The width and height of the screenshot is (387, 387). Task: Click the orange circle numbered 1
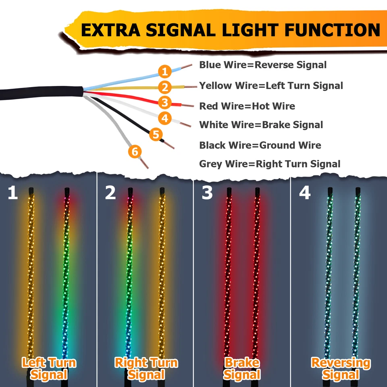click(164, 72)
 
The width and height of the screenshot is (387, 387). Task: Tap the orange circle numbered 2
click(164, 87)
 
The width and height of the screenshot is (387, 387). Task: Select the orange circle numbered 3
click(164, 102)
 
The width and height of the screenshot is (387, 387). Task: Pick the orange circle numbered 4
click(164, 119)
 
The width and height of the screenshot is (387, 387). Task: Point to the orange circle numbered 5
click(156, 134)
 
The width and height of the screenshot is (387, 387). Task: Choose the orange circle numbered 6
click(135, 152)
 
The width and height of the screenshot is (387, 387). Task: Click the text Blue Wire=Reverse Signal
click(263, 65)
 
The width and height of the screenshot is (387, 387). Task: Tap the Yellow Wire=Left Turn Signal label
click(271, 85)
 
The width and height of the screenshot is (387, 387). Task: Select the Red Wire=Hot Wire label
click(247, 106)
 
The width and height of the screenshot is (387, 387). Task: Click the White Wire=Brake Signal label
click(261, 125)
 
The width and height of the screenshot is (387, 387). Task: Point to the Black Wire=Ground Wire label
click(260, 145)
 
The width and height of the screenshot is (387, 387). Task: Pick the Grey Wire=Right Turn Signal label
click(270, 164)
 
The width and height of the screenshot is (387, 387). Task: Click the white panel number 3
click(207, 193)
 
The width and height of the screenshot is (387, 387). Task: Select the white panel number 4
click(305, 193)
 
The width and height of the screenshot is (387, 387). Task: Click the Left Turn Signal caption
click(49, 368)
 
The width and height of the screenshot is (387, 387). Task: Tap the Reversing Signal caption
click(341, 368)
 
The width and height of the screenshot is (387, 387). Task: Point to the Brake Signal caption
click(241, 368)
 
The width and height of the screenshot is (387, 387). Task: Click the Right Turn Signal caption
click(146, 368)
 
